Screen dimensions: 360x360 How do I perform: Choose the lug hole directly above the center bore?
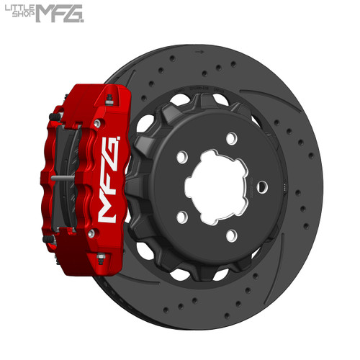click(230, 138)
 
